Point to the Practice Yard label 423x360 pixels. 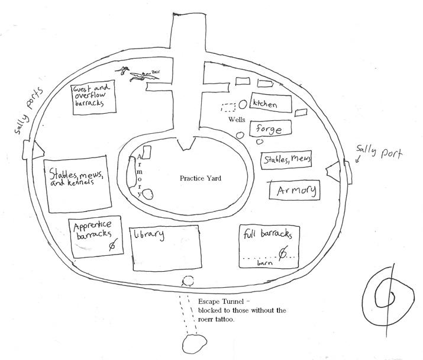[200, 178]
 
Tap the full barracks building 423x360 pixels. [269, 245]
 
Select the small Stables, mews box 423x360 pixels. [286, 160]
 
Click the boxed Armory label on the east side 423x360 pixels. [293, 191]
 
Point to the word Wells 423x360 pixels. [237, 120]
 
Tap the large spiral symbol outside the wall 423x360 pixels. [390, 295]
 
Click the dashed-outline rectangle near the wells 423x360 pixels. [228, 107]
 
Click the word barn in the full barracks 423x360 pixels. [264, 263]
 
